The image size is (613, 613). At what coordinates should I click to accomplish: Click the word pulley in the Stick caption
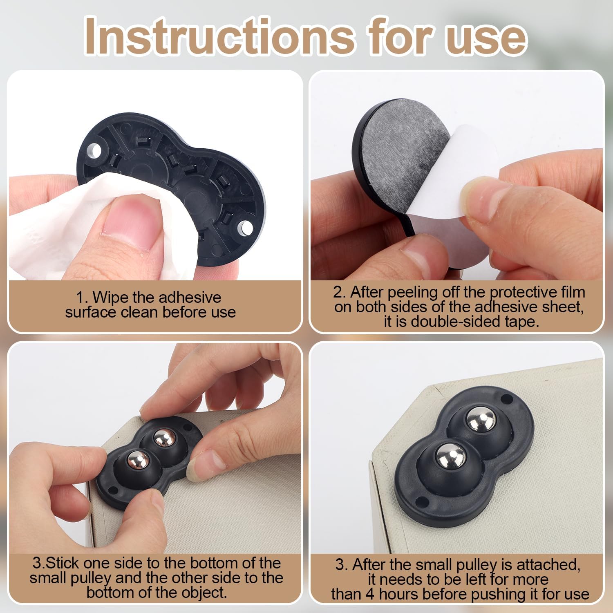pyautogui.click(x=91, y=578)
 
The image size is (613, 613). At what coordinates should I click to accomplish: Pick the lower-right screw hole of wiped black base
pyautogui.click(x=246, y=227)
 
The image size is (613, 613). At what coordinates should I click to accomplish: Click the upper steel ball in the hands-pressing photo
pyautogui.click(x=165, y=438)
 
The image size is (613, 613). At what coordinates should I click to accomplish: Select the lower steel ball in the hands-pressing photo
pyautogui.click(x=138, y=461)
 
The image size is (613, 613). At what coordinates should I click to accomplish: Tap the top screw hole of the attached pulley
pyautogui.click(x=507, y=397)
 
